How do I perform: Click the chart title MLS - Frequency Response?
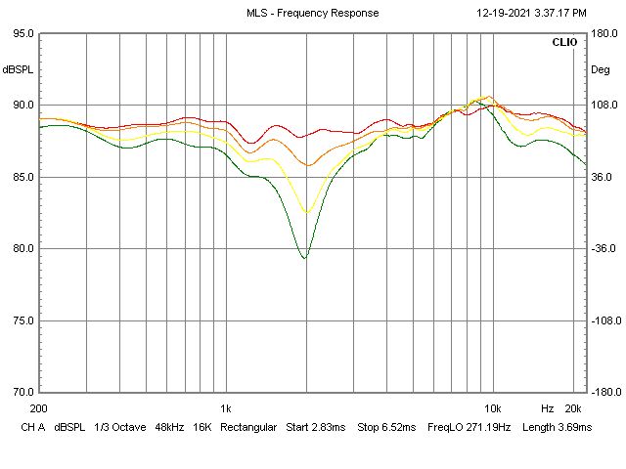(313, 13)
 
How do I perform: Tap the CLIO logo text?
(564, 43)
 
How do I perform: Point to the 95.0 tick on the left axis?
(21, 33)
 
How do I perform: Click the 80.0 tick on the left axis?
(21, 248)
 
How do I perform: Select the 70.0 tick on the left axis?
(21, 392)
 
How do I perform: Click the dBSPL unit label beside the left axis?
(17, 69)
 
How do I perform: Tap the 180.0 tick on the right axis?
(602, 33)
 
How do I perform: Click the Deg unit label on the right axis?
(600, 69)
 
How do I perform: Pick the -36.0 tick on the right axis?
(602, 248)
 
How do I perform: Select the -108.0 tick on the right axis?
(602, 320)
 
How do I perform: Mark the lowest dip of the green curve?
(305, 258)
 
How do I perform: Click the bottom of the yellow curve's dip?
(307, 212)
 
